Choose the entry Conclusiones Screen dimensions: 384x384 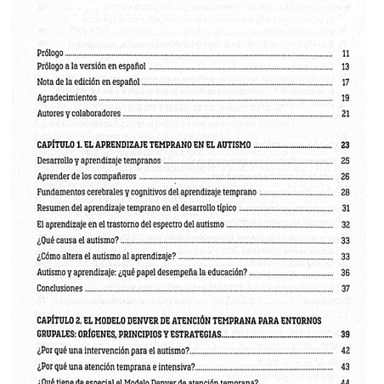[60, 288]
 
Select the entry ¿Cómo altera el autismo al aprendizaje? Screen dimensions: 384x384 [106, 257]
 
